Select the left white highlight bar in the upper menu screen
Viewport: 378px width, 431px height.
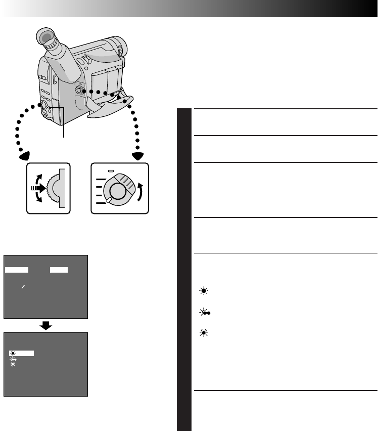tap(17, 270)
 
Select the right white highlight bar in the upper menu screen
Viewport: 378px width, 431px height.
tap(59, 270)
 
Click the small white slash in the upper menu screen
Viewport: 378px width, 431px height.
tap(23, 287)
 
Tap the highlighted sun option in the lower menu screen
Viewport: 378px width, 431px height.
tap(22, 353)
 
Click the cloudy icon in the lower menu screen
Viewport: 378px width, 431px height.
tap(13, 359)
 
